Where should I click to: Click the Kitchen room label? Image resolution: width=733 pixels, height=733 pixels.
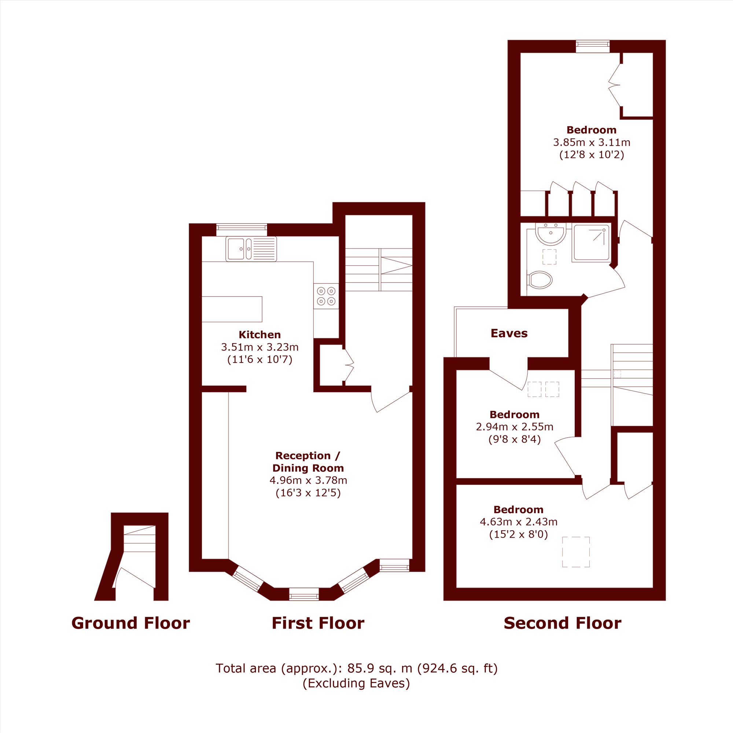[259, 335]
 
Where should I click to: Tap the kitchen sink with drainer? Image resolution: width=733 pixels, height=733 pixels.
[251, 249]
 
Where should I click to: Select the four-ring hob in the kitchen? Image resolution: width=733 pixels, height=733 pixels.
[326, 296]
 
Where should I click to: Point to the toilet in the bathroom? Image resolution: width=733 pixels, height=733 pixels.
[539, 280]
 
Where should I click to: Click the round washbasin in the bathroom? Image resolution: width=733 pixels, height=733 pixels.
[551, 233]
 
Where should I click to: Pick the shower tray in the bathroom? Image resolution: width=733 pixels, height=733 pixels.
[591, 243]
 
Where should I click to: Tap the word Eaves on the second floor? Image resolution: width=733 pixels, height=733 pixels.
[509, 334]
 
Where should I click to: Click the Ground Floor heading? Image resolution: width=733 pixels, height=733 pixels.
[130, 623]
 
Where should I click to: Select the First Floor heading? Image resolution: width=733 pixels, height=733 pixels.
[318, 623]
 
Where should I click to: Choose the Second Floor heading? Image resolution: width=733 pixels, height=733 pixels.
[562, 623]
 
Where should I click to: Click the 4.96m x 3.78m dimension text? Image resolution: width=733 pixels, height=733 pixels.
[308, 481]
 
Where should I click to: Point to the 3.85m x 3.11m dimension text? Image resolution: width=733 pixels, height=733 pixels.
[592, 143]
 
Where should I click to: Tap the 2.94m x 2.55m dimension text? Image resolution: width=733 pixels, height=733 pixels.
[515, 427]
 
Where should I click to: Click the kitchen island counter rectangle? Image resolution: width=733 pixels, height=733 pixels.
[232, 309]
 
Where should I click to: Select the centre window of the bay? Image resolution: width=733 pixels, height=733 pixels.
[304, 594]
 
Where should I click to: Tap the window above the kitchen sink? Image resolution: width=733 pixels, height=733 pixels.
[242, 230]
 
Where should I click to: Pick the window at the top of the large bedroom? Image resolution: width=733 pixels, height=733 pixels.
[593, 46]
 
